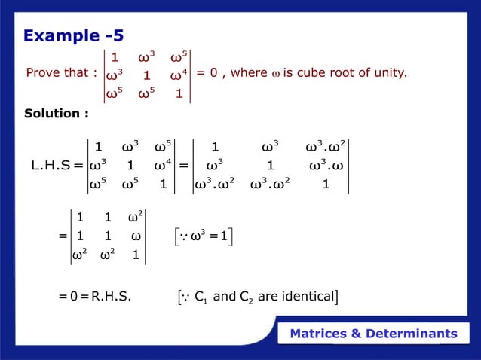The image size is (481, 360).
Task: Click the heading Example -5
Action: [x=74, y=35]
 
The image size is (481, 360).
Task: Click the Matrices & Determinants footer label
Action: [x=374, y=334]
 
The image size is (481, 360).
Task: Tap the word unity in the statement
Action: [x=390, y=73]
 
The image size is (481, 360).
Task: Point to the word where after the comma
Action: [x=248, y=73]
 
